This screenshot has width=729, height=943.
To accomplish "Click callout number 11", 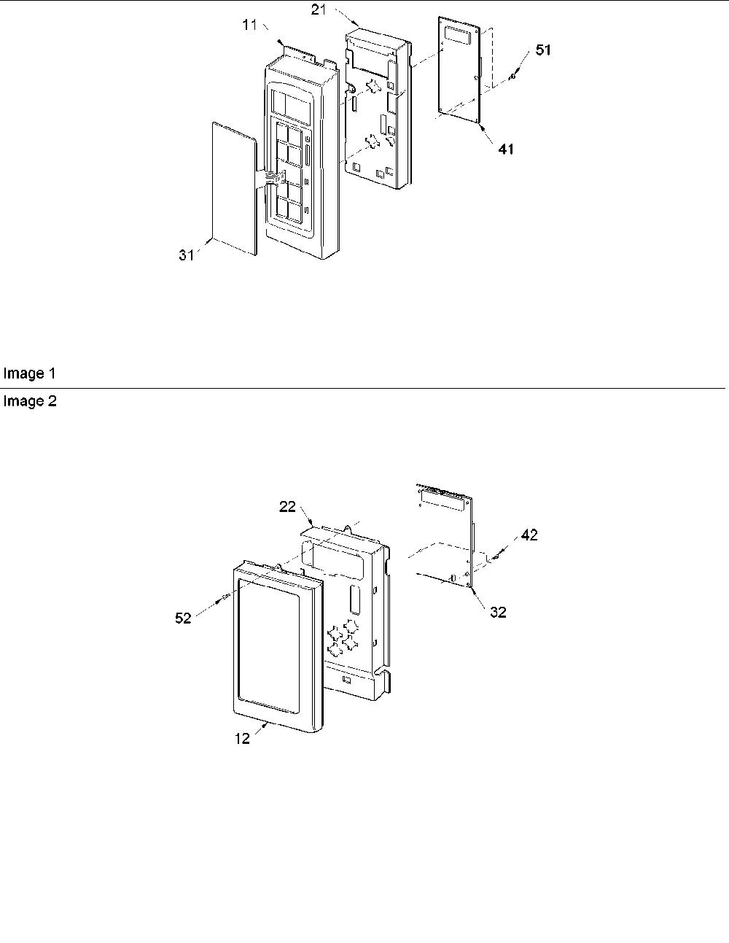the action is pyautogui.click(x=249, y=26).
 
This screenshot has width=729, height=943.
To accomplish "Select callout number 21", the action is pyautogui.click(x=319, y=9).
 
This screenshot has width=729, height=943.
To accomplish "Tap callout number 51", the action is pyautogui.click(x=543, y=50).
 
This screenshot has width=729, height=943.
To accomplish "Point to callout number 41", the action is pyautogui.click(x=506, y=150).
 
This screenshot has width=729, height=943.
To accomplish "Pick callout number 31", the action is pyautogui.click(x=187, y=255).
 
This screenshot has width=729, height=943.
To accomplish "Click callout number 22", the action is pyautogui.click(x=287, y=506).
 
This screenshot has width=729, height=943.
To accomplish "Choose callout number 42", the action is pyautogui.click(x=529, y=535).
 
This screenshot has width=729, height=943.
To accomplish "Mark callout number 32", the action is pyautogui.click(x=499, y=612).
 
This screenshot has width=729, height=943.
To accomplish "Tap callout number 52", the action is pyautogui.click(x=183, y=618).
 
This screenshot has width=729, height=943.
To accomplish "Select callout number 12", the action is pyautogui.click(x=243, y=738).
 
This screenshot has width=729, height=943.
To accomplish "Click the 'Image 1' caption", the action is pyautogui.click(x=29, y=373).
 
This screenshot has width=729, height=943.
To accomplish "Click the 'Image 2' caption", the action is pyautogui.click(x=30, y=401).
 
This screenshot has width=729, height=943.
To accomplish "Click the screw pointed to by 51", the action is pyautogui.click(x=513, y=77).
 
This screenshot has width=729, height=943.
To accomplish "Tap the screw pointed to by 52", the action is pyautogui.click(x=225, y=597).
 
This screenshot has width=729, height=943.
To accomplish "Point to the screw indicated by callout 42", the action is pyautogui.click(x=495, y=556).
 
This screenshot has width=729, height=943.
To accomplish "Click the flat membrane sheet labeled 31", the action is pyautogui.click(x=233, y=189).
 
